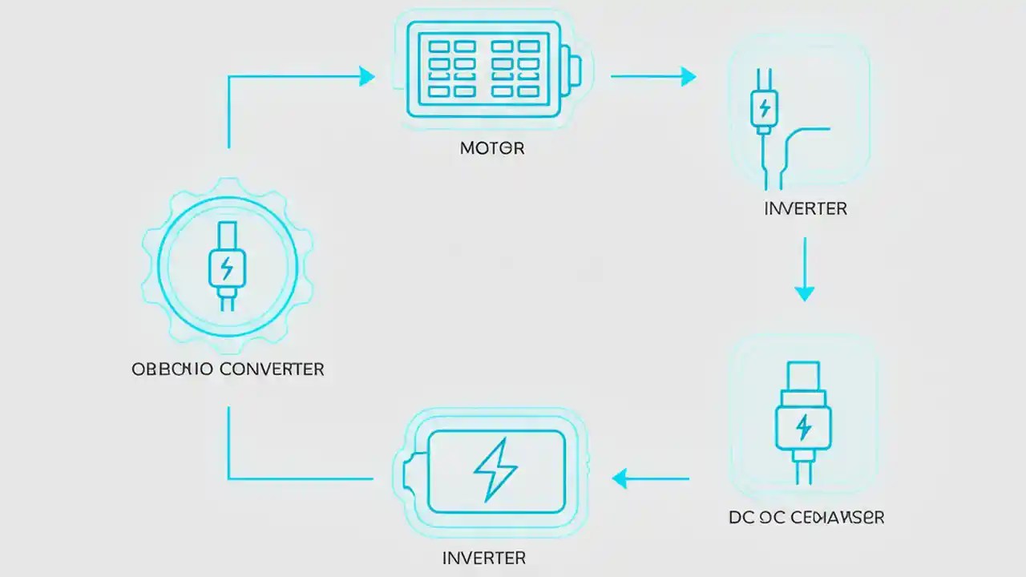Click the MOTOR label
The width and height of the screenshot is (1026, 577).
tap(492, 148)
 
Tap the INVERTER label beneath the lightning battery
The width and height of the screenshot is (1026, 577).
tap(483, 557)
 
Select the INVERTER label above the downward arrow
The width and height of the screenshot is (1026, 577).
tap(806, 208)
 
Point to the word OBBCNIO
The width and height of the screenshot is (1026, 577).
tap(172, 369)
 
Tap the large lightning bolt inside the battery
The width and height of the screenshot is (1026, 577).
tap(495, 470)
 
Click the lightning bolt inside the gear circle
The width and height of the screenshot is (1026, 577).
tap(228, 266)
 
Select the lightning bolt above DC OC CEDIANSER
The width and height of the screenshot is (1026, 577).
tap(803, 427)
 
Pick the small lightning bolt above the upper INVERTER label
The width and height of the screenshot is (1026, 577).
tap(763, 107)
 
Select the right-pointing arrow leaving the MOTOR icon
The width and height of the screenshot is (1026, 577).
tap(653, 76)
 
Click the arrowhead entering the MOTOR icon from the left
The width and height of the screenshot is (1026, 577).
tap(367, 76)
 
